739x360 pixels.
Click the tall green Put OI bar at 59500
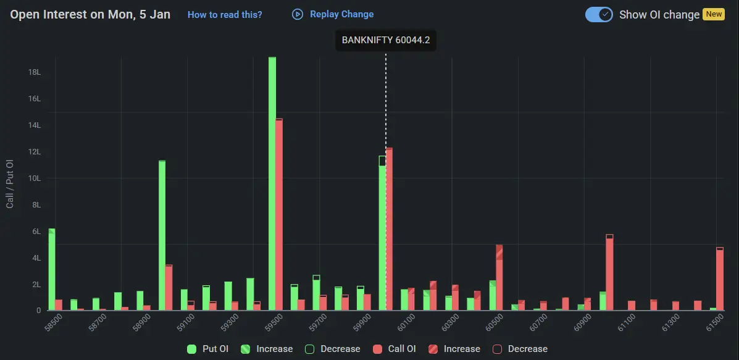click(272, 185)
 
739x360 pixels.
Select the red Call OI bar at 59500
click(279, 216)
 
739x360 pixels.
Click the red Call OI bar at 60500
click(499, 278)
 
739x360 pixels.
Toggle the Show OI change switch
click(598, 14)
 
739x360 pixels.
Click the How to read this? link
click(225, 14)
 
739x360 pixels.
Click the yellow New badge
click(713, 14)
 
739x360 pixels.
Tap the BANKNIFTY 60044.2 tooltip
click(385, 41)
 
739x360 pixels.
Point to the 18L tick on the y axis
click(35, 72)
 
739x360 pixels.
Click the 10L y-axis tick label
click(35, 178)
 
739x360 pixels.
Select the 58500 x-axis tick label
click(54, 322)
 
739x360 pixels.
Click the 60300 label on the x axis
click(449, 322)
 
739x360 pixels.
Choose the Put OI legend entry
click(208, 349)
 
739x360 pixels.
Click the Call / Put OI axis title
click(10, 183)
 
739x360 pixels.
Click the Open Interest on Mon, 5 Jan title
click(90, 14)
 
